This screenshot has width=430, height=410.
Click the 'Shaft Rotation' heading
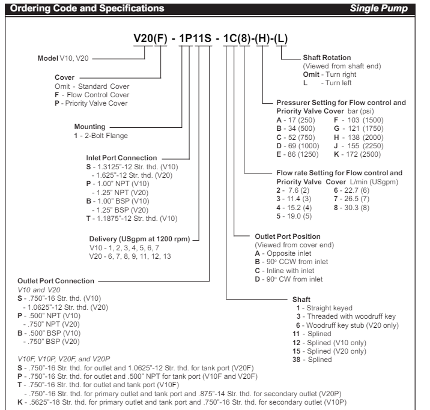329,58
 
